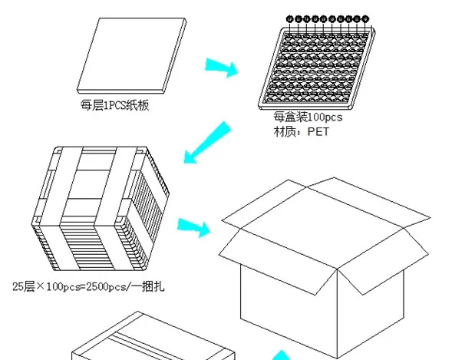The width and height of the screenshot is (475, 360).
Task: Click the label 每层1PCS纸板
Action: [x=115, y=106]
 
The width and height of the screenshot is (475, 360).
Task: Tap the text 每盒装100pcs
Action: [x=308, y=118]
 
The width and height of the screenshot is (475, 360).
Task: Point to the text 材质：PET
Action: [x=295, y=131]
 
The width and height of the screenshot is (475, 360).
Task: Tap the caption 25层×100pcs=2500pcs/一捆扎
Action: [x=87, y=287]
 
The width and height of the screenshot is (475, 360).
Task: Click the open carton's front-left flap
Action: [x=276, y=249]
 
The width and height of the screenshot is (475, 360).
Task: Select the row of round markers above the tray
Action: [x=328, y=18]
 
